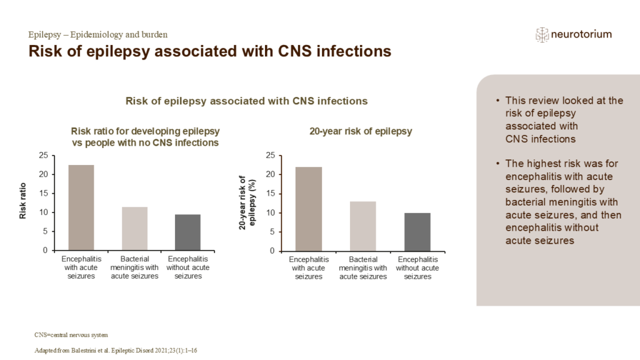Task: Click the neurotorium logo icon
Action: [x=542, y=35]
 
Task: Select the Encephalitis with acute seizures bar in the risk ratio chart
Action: [x=81, y=207]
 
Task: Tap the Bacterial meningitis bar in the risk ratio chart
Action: [x=135, y=229]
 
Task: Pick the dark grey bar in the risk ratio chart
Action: [x=187, y=232]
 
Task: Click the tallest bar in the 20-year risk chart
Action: [x=309, y=209]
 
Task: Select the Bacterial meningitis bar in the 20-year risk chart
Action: [x=363, y=226]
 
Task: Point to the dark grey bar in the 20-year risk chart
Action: [x=417, y=232]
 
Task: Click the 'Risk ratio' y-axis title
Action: [x=23, y=201]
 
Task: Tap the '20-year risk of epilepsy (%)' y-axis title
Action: [x=247, y=202]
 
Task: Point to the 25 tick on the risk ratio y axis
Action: [x=43, y=155]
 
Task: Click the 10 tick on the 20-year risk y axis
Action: [x=271, y=212]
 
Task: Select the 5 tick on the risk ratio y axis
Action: [x=45, y=231]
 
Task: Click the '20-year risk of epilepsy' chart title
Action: [x=361, y=131]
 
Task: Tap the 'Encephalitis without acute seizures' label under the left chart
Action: [x=187, y=267]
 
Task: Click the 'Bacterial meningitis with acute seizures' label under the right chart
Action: [x=363, y=267]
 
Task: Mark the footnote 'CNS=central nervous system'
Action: [x=71, y=335]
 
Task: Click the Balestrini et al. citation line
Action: [x=116, y=351]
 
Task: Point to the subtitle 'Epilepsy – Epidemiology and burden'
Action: [x=98, y=35]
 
